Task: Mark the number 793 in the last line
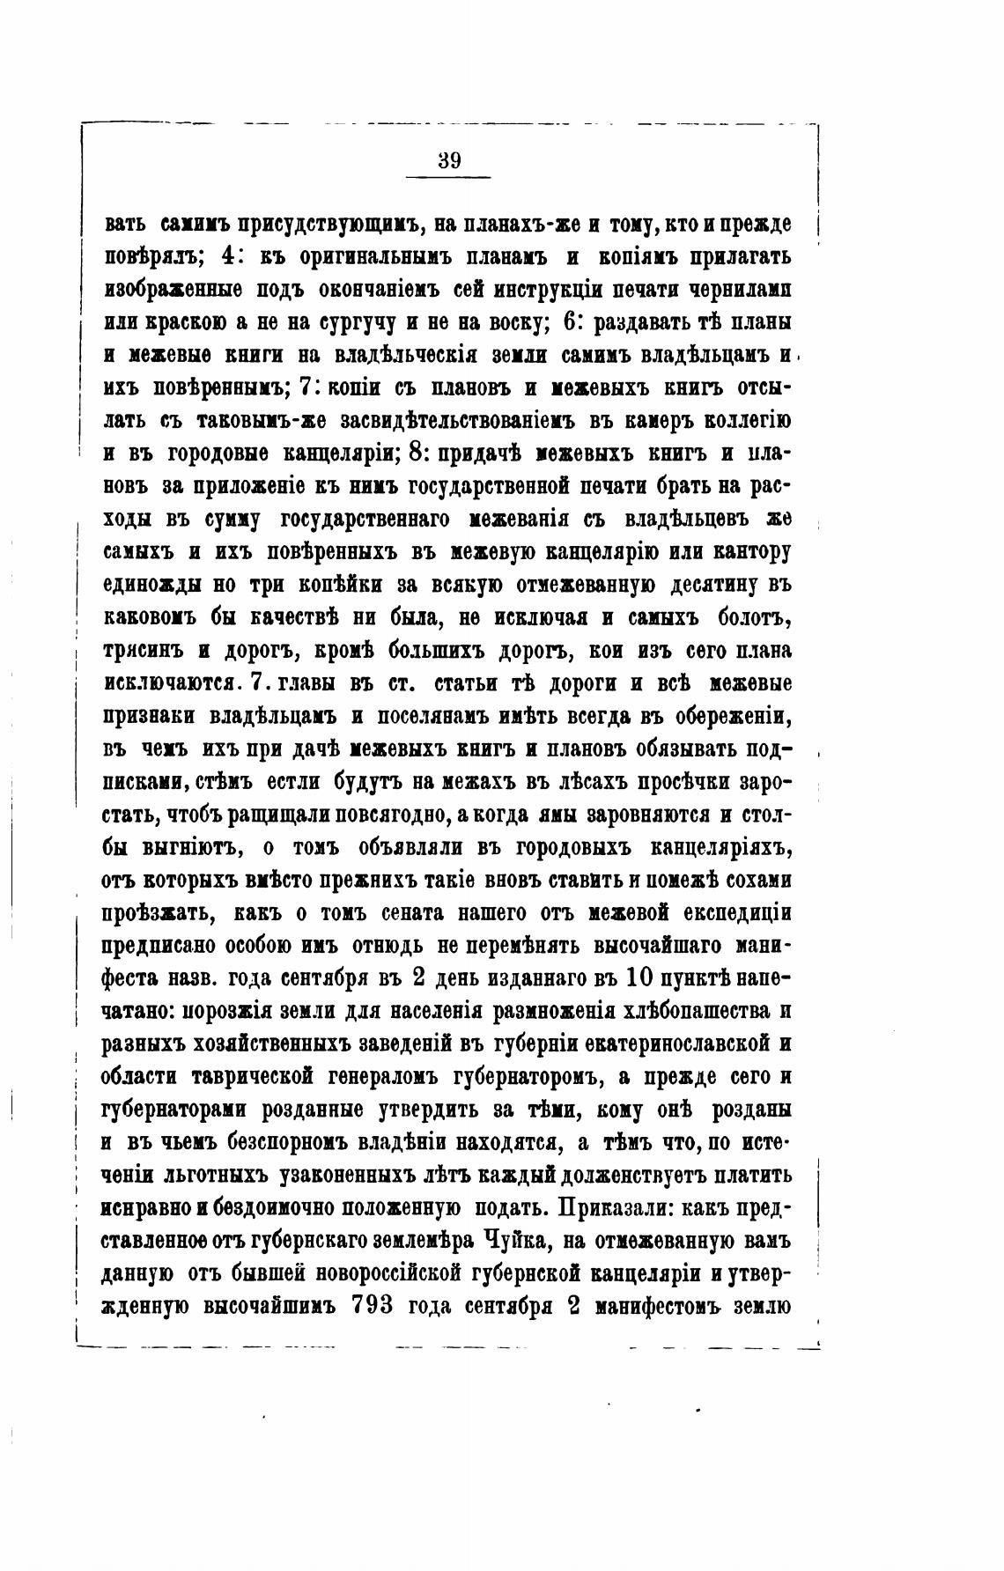coord(373,1306)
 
